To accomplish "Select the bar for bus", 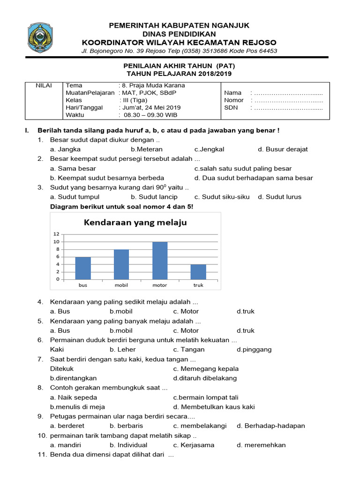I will [x=83, y=268].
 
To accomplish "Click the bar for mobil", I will [x=121, y=264].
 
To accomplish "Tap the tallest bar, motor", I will [x=160, y=261].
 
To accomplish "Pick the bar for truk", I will [x=198, y=272].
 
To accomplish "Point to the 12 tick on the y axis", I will [x=56, y=234].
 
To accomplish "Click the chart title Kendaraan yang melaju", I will [x=135, y=222].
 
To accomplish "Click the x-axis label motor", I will [x=160, y=285].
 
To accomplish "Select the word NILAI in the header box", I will [x=44, y=85].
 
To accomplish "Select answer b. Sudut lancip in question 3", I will [x=154, y=197].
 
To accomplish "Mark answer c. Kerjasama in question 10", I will [x=194, y=445].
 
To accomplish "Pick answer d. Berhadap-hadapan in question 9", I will [x=271, y=426].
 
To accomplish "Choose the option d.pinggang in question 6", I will [x=254, y=349].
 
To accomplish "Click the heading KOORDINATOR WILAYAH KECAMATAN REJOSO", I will [x=179, y=43].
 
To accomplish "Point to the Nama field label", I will [x=233, y=93].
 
